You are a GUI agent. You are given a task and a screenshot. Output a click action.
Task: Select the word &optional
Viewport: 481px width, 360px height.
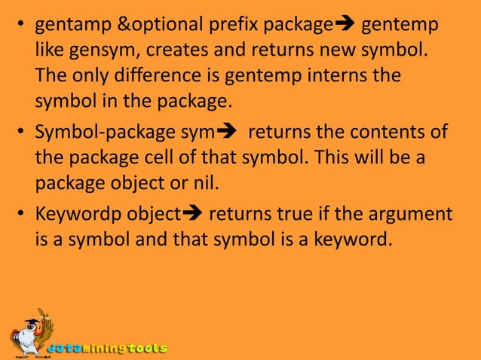pos(155,26)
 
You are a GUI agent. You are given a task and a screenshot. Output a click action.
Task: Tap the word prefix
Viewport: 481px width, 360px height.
pos(228,26)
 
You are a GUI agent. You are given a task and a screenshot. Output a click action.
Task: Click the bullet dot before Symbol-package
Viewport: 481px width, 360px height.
pos(22,134)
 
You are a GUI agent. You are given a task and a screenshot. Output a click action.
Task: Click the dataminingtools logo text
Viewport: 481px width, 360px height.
pos(107,349)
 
